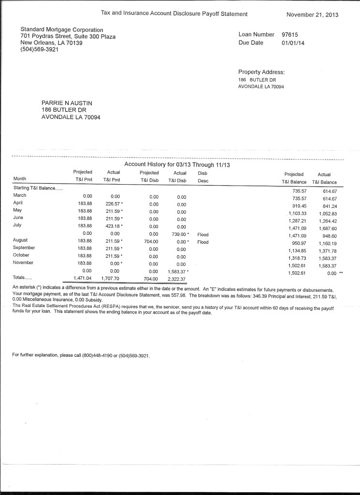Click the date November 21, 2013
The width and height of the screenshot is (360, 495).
point(312,15)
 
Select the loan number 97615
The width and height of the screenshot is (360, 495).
point(291,35)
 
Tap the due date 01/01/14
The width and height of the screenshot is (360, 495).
point(293,43)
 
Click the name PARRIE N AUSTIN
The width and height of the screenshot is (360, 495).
point(67,102)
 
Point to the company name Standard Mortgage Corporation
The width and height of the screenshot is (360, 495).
point(62,30)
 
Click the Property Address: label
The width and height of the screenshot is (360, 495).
point(261,72)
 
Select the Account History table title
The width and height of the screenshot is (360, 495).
point(177,164)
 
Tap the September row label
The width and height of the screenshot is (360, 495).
point(24,247)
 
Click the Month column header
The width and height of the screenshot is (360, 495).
point(20,179)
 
